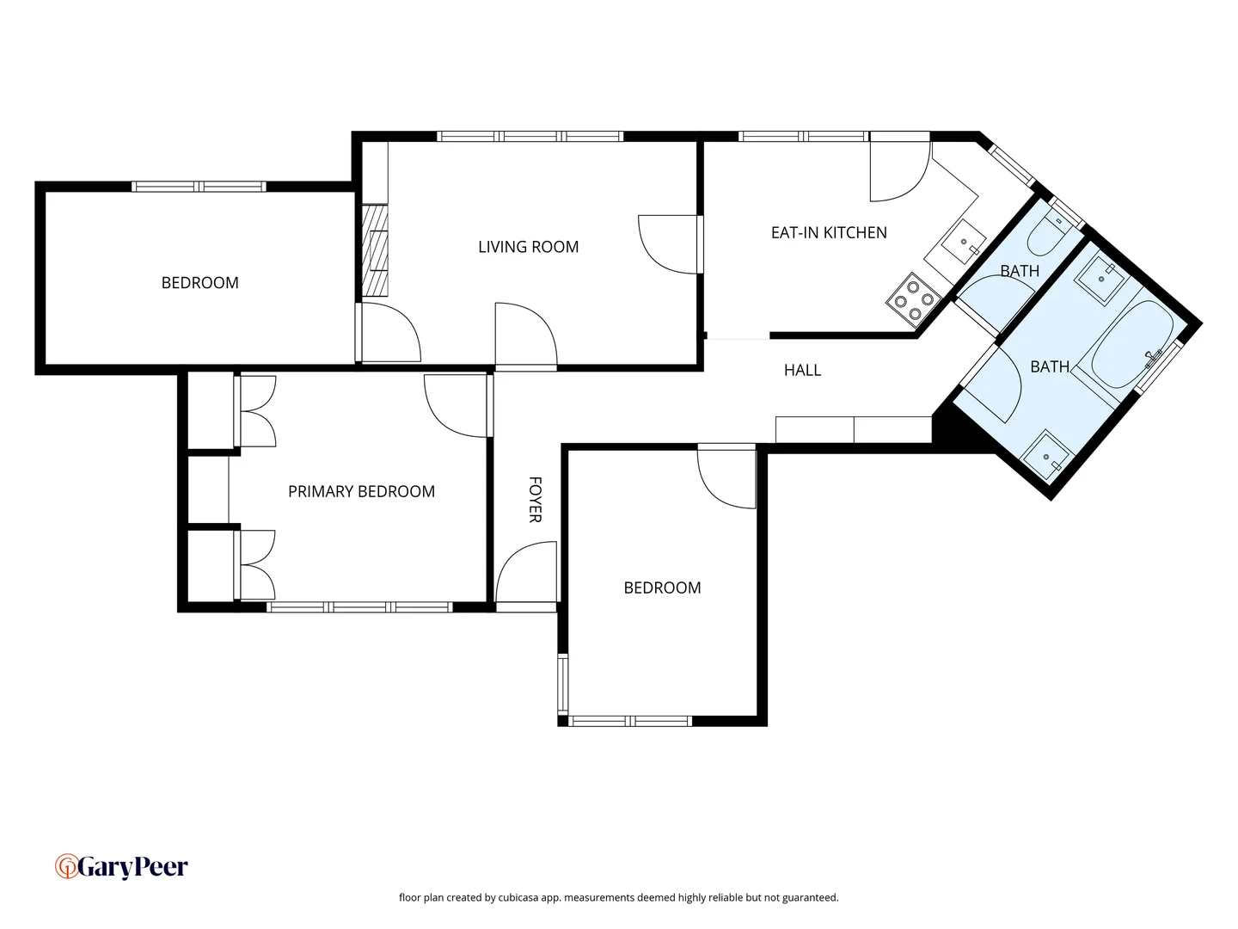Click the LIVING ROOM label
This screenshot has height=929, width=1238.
(x=528, y=247)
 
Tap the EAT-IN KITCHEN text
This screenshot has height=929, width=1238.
(x=829, y=232)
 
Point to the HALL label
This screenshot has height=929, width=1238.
(x=802, y=370)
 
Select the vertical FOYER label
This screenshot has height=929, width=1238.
(x=535, y=499)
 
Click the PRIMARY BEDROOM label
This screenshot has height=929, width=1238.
(x=361, y=491)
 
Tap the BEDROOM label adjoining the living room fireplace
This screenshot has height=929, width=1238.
(x=199, y=282)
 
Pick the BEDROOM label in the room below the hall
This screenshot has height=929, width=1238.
(x=662, y=588)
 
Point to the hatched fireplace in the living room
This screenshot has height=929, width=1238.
(x=374, y=250)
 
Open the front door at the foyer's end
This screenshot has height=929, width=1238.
(x=525, y=574)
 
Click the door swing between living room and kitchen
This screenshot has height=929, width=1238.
(x=668, y=244)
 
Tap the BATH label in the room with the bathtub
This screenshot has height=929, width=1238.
(x=1050, y=366)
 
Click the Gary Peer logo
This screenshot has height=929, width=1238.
(x=121, y=866)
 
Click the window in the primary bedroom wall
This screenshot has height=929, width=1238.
(x=359, y=607)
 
